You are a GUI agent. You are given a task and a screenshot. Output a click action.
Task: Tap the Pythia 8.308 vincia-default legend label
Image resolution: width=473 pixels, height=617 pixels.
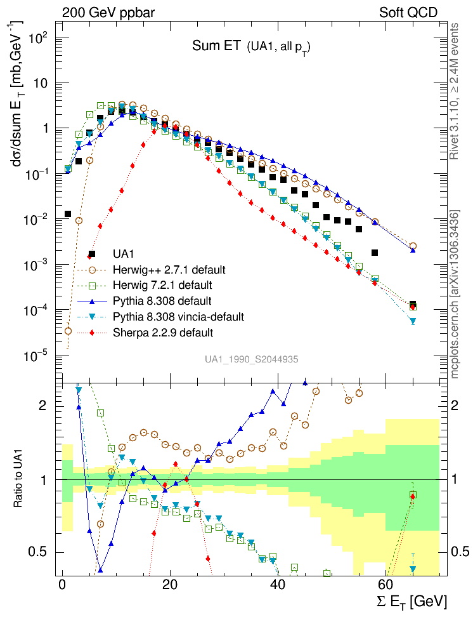(178, 316)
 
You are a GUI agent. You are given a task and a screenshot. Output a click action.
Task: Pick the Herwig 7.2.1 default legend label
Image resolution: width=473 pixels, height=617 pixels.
(162, 285)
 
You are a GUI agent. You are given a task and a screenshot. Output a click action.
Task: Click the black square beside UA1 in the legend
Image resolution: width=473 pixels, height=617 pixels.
(92, 255)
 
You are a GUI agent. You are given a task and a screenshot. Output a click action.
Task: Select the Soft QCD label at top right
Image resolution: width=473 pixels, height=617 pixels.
(408, 12)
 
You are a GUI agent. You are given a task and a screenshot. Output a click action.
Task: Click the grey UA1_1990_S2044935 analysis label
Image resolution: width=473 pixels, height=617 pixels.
(252, 359)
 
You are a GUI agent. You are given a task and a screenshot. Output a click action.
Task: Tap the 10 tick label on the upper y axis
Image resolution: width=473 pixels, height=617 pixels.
(43, 83)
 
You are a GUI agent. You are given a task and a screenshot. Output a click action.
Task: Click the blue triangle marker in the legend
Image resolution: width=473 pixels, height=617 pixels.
(92, 301)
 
